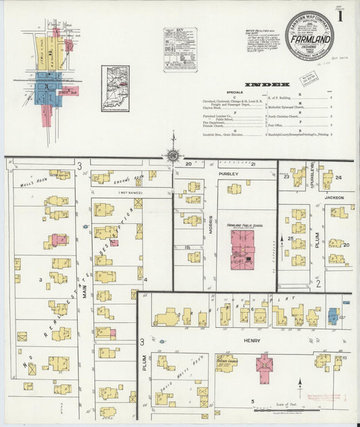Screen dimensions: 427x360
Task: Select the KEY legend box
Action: (x=180, y=49)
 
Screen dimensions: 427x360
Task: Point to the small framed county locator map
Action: (x=115, y=89)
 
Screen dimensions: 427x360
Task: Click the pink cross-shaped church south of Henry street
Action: (x=264, y=367)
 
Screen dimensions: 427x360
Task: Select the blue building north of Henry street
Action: (x=332, y=315)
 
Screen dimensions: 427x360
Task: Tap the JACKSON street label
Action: (x=334, y=197)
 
